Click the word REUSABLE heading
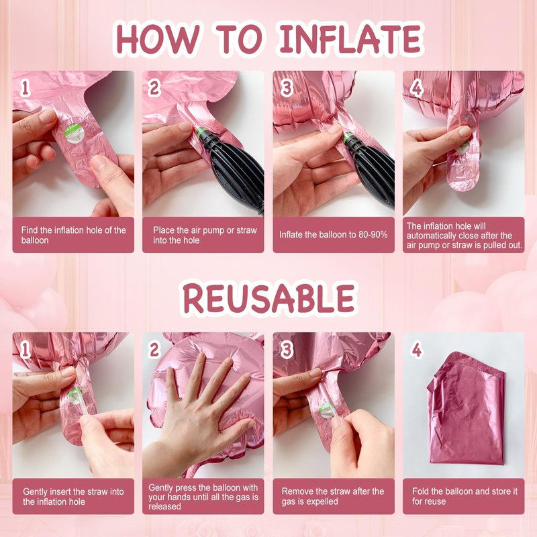[x=269, y=297]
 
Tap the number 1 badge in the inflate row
[x=25, y=88]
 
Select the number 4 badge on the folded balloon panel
[x=416, y=350]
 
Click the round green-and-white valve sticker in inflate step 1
[x=74, y=134]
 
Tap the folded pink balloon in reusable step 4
[x=466, y=407]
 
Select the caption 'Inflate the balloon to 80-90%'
[x=333, y=234]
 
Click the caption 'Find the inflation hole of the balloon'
[x=73, y=235]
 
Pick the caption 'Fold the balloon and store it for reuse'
[x=465, y=496]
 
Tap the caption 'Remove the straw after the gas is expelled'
[x=332, y=496]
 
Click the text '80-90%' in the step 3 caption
[x=373, y=234]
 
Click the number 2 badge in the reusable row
[x=154, y=350]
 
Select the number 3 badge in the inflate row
[x=287, y=88]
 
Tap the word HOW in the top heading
[x=158, y=38]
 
